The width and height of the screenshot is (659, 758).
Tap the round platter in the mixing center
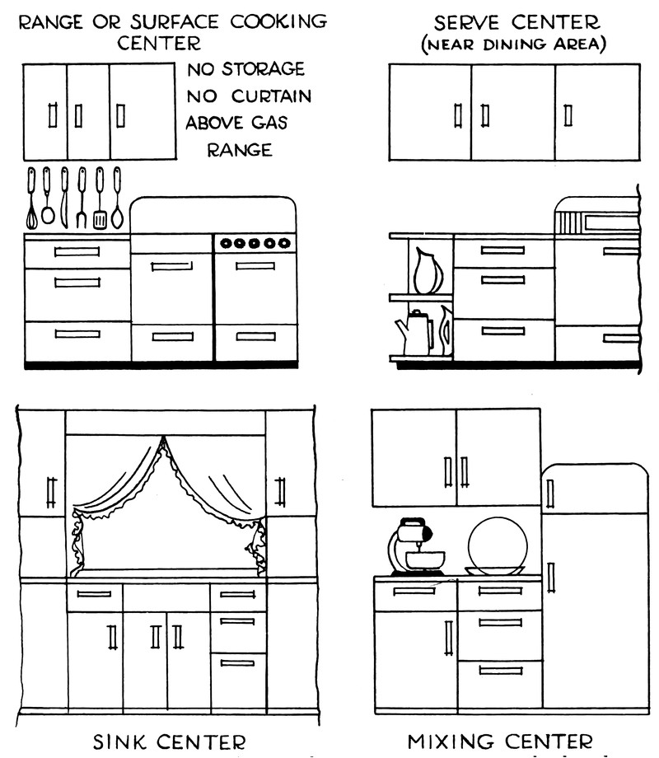[x=497, y=545]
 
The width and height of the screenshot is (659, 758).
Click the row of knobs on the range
[x=256, y=243]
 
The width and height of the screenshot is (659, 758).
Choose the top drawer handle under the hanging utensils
[x=77, y=251]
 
